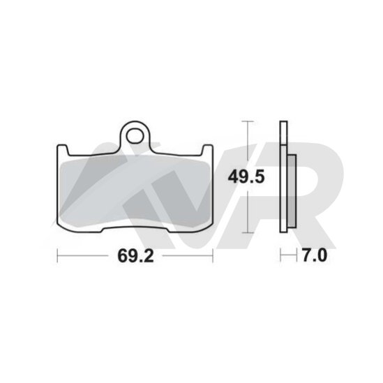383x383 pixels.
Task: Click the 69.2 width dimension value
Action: (x=135, y=256)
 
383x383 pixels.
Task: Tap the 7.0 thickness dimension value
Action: (x=315, y=255)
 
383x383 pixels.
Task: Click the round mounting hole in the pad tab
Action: (x=135, y=136)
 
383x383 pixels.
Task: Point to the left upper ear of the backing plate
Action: (x=63, y=150)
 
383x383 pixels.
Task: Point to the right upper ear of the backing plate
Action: (x=208, y=150)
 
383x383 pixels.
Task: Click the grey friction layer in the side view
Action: (x=292, y=191)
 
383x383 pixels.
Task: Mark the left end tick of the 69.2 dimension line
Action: (x=57, y=256)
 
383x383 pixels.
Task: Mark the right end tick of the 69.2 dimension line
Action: (x=213, y=256)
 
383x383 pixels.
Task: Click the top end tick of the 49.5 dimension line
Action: (x=248, y=121)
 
